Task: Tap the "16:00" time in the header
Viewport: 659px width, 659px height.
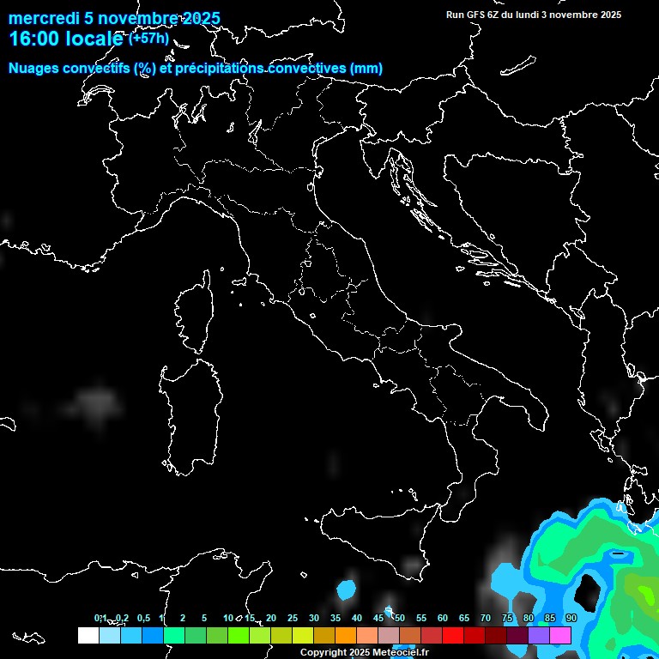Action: pyautogui.click(x=32, y=39)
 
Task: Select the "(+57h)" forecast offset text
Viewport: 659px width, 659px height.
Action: pyautogui.click(x=148, y=38)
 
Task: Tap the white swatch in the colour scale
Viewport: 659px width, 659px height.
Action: pyautogui.click(x=88, y=635)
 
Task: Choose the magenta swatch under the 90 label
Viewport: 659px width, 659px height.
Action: pyautogui.click(x=561, y=635)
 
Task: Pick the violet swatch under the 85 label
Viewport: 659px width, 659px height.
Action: pyautogui.click(x=540, y=635)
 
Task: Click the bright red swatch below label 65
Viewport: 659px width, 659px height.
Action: pyautogui.click(x=453, y=635)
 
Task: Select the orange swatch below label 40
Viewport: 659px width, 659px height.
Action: pyautogui.click(x=346, y=635)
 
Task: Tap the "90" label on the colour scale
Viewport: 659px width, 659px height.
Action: pyautogui.click(x=571, y=618)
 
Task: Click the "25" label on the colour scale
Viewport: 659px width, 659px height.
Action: pyautogui.click(x=292, y=618)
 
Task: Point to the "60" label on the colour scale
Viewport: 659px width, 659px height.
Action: pyautogui.click(x=443, y=618)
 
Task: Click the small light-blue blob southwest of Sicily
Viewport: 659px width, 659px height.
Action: pyautogui.click(x=347, y=590)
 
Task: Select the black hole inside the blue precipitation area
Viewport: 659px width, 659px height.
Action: pyautogui.click(x=588, y=589)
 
